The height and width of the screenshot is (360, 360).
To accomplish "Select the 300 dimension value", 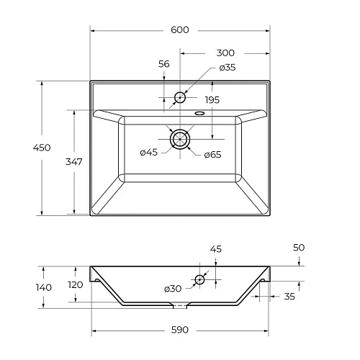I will [225, 53].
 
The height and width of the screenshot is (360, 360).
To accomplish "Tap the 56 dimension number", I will [163, 64].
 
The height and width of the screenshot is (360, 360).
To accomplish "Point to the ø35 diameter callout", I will [228, 68].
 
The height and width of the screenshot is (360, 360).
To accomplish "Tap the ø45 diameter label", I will [149, 152].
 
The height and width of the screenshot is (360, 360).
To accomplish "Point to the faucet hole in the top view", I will [180, 96].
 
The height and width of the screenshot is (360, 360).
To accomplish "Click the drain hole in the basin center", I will [180, 138].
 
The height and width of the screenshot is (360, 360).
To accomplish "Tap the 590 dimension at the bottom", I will [180, 330].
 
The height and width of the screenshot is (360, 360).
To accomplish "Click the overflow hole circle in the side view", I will [200, 280].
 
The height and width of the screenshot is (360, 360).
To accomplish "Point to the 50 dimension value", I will [300, 248].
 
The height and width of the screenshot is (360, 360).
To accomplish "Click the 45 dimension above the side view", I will [216, 250].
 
